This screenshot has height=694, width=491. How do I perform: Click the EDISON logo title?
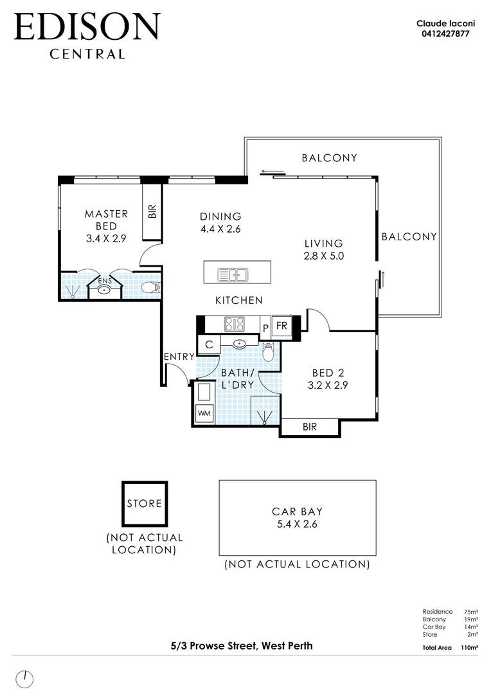click(86, 28)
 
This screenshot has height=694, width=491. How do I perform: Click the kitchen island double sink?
click(233, 275)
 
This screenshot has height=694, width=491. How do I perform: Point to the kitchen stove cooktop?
click(234, 325)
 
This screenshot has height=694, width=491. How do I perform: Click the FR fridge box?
click(282, 325)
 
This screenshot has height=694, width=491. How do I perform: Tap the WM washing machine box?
click(204, 413)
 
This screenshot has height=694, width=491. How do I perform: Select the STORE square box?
click(145, 503)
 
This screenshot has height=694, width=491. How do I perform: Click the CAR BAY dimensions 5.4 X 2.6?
click(297, 524)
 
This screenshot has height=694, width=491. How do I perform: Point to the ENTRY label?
click(178, 357)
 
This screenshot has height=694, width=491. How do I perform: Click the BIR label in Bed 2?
click(309, 427)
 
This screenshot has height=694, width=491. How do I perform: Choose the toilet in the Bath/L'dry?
click(269, 352)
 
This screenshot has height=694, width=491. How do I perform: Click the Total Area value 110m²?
click(469, 648)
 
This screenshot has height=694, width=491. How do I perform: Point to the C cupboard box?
click(209, 345)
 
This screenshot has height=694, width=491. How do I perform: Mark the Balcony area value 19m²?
click(471, 619)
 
